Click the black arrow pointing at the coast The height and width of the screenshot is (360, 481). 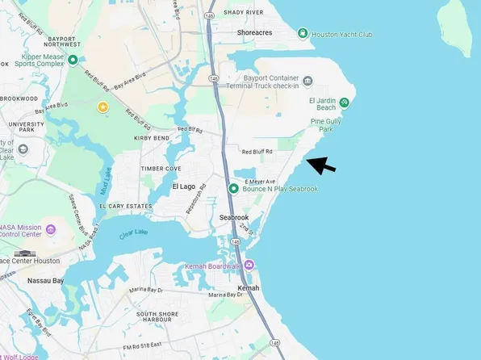point(323,165)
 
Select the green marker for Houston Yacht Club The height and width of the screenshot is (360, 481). point(302,34)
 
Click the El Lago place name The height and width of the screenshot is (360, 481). point(184,186)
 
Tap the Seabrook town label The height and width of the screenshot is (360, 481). point(234,218)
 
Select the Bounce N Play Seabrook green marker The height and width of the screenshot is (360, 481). point(233,189)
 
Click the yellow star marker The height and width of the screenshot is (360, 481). point(102,107)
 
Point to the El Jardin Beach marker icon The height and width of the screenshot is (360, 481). point(345,102)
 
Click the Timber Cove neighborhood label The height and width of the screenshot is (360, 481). point(161,168)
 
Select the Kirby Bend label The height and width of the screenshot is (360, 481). point(152,138)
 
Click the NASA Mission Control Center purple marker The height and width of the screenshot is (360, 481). point(51,230)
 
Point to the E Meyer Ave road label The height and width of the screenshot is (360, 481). point(260,181)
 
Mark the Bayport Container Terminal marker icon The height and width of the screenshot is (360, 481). point(307,79)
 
